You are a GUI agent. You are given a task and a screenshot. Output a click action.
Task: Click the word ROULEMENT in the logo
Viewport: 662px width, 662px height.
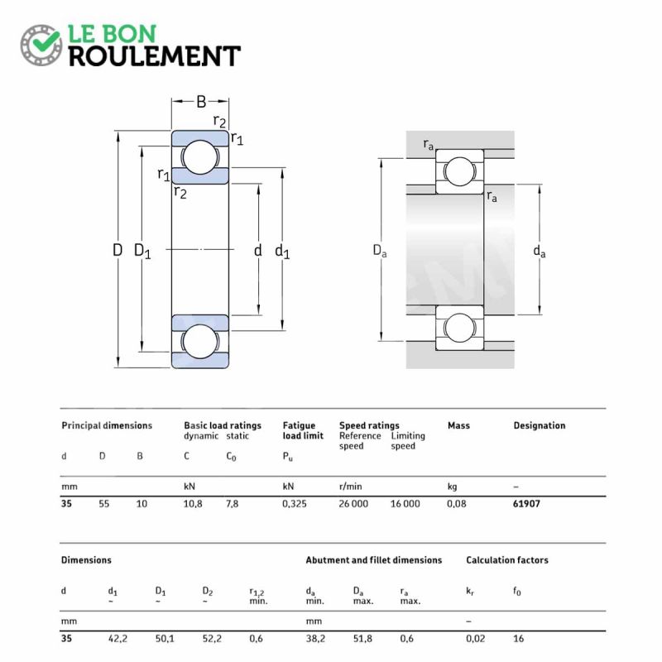point(155,56)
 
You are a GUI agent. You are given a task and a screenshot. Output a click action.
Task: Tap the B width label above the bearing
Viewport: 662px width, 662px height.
point(201,102)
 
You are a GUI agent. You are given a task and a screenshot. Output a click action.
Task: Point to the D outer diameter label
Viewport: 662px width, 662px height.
point(118,251)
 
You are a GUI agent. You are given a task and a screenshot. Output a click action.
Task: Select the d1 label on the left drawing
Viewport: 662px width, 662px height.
point(282,252)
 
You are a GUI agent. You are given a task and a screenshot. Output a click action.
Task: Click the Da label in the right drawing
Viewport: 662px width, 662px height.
point(380,251)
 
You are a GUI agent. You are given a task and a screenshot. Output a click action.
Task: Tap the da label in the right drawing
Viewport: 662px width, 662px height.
point(540,252)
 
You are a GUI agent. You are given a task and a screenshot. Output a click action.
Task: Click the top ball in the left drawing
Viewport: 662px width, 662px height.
point(200,157)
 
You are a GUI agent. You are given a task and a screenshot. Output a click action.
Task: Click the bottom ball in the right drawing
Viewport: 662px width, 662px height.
point(459,328)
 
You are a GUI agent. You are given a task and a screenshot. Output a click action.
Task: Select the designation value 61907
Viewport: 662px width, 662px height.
point(526,504)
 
